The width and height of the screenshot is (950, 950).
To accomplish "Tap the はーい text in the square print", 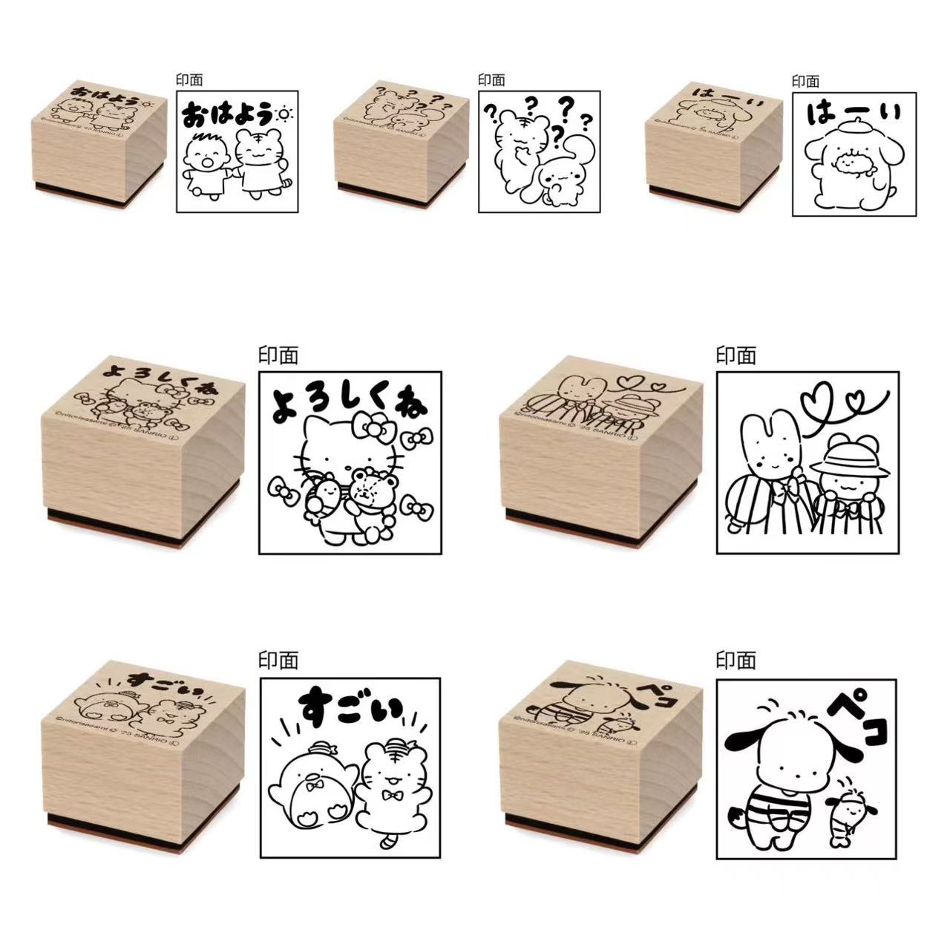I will pos(854,114).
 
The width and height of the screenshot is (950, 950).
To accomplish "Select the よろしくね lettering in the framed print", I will pos(349,405).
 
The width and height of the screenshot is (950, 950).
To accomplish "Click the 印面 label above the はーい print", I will pos(805,81).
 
